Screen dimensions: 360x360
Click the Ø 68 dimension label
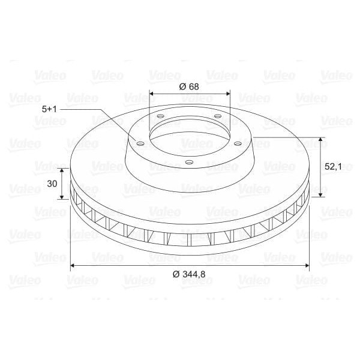(x=189, y=86)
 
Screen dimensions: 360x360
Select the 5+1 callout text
(x=50, y=109)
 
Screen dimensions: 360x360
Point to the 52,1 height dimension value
(x=334, y=167)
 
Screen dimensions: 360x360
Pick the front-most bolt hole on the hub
(x=190, y=162)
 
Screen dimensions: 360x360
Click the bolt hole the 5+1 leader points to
(x=140, y=144)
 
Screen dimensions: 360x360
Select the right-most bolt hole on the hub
(x=238, y=143)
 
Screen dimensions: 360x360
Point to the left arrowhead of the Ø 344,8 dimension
(x=74, y=265)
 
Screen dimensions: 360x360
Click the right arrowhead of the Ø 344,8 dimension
(x=307, y=265)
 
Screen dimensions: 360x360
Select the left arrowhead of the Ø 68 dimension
(x=152, y=94)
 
